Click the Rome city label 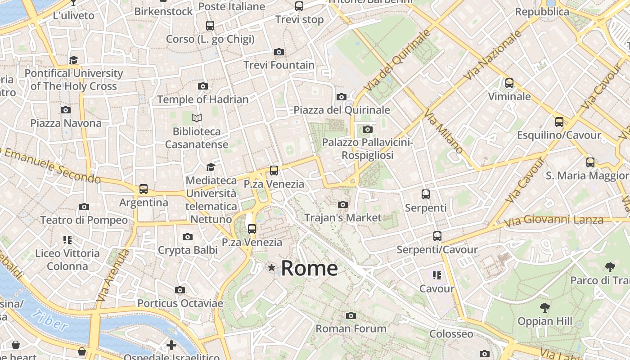pos(309,269)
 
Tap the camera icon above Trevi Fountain pos(279,52)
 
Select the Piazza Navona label pos(66,123)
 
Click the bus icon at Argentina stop pos(144,189)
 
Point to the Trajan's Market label pos(343,218)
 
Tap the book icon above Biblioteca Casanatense pos(197,118)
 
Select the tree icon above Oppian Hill pos(545,308)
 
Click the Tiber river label pos(51,320)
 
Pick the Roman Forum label pos(351,328)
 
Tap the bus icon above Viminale pos(509,83)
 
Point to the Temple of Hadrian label pos(203,99)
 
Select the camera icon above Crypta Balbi pos(188,237)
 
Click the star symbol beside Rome pos(271,268)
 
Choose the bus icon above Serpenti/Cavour pos(437,236)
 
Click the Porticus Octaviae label pos(180,303)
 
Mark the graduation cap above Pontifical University pos(74,60)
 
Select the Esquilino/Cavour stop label pos(559,135)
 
